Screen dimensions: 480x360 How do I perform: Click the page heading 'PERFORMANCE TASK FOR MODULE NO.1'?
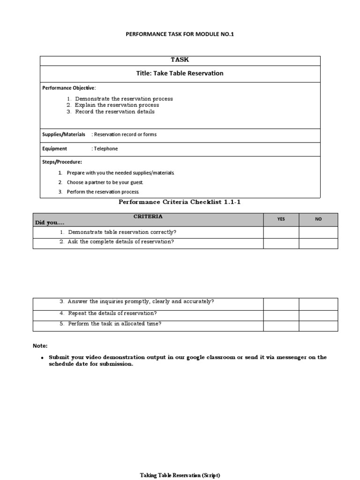180,34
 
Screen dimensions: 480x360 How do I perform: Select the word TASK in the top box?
180,60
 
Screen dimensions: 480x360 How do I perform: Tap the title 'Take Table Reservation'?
180,73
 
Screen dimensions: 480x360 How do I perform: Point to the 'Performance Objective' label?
68,88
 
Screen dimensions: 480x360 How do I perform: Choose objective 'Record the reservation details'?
114,112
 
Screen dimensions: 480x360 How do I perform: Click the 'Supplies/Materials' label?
64,135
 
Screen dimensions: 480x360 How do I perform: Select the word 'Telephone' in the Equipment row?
106,149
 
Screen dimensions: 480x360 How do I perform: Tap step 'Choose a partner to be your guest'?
105,182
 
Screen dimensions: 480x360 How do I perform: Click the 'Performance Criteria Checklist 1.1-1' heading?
180,202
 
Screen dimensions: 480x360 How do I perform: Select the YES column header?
281,219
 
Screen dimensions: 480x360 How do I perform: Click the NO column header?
318,219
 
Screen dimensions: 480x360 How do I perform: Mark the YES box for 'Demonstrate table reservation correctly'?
281,232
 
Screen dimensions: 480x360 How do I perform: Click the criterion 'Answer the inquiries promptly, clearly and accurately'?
141,301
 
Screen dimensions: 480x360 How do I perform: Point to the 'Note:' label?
40,345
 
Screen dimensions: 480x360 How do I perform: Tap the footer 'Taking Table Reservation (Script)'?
180,475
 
